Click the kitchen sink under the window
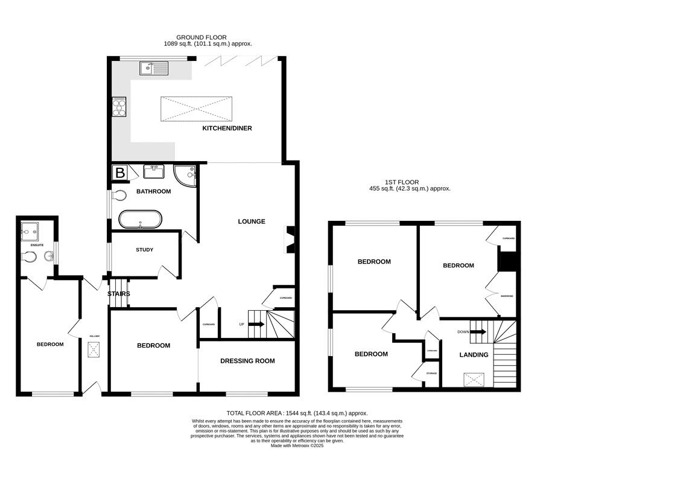click(155, 68)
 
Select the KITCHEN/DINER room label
click(227, 129)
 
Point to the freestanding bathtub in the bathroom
click(140, 219)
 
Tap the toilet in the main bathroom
click(119, 196)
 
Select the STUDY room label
click(144, 250)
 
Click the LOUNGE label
click(251, 221)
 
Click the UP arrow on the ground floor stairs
click(256, 325)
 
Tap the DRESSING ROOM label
click(247, 361)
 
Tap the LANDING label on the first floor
click(474, 355)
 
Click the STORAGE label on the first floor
click(431, 374)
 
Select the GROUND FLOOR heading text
click(202, 37)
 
